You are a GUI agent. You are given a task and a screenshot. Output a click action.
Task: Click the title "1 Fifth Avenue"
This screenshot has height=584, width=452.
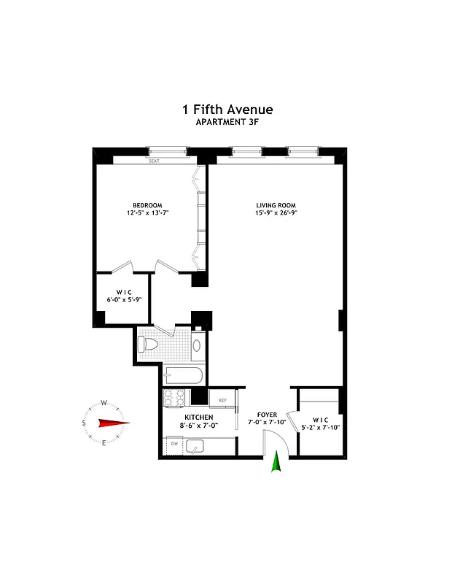coord(227,109)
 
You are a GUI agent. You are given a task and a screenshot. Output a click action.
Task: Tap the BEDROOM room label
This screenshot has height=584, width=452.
coord(147,204)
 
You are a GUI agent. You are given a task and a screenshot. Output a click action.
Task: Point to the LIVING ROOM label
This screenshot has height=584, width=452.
coord(277,204)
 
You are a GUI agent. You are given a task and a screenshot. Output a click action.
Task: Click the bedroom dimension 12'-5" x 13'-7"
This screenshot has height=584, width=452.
coord(147,213)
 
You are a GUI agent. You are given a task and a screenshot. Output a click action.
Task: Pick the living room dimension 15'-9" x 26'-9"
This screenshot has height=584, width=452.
coord(277,213)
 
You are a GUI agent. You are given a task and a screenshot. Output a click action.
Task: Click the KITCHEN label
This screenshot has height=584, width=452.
coord(187,417)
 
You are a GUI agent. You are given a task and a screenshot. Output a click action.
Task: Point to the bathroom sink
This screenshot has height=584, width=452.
coord(197,346)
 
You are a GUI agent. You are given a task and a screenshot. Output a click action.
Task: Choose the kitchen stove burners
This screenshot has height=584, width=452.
coord(174,399)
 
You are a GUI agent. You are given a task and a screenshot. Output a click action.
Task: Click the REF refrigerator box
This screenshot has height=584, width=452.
coord(220,399)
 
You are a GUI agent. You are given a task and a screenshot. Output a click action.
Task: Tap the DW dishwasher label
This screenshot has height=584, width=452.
coord(174,443)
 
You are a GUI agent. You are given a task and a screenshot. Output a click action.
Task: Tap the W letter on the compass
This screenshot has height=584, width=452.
coord(104,402)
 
